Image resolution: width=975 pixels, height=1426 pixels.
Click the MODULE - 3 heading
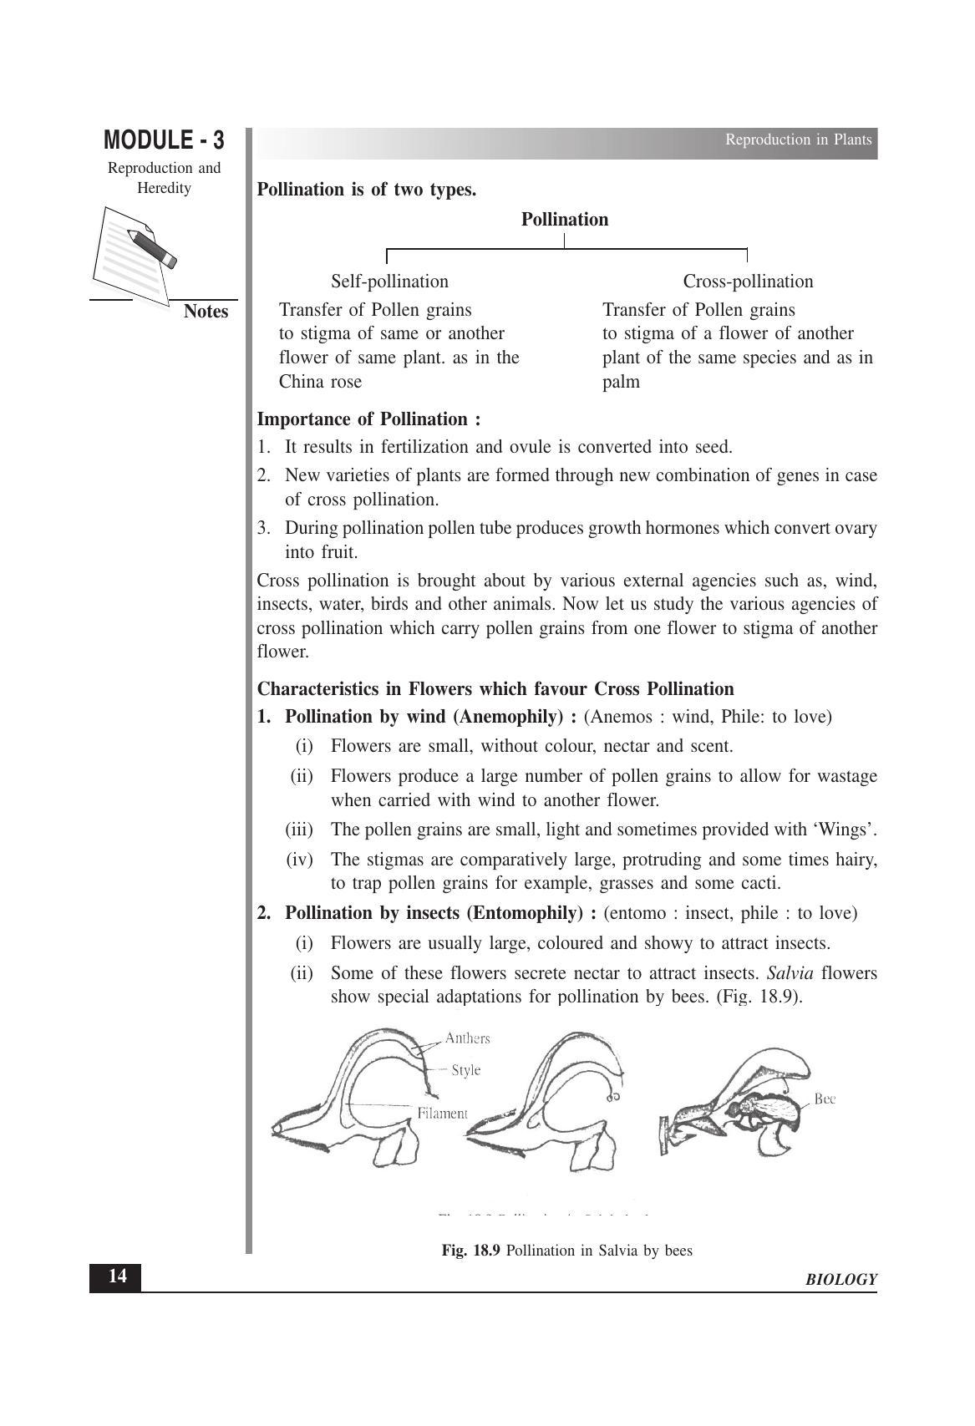coord(164,140)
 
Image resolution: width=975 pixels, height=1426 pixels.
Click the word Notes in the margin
coord(206,312)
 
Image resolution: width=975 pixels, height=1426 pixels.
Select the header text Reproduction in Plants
coord(798,140)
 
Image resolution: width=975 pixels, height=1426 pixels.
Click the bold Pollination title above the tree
coord(565,220)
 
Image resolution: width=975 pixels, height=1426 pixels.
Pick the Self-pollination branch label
coord(389,282)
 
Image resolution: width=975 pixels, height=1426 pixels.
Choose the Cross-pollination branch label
coord(748,282)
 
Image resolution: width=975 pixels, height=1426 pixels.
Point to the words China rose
coord(320,382)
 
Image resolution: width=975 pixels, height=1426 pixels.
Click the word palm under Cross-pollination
coord(621,382)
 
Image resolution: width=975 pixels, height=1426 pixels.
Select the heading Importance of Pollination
coord(368,419)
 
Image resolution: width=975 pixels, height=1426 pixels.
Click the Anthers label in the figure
coord(468,1038)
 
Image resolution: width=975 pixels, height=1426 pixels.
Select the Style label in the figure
coord(465,1070)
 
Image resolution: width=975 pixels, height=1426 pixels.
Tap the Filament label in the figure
coord(443,1113)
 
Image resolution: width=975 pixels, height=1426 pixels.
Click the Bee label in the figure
coord(824,1099)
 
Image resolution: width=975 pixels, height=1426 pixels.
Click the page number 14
coord(117,1276)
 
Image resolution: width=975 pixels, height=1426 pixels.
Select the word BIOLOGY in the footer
coord(841,1280)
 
